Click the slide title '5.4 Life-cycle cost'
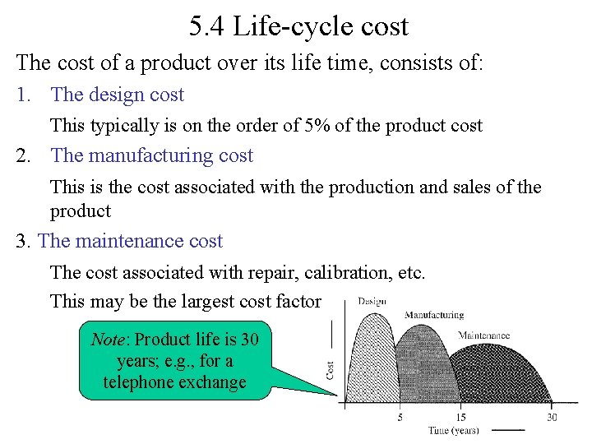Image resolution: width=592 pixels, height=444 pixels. click(298, 26)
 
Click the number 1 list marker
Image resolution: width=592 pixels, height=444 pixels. click(24, 95)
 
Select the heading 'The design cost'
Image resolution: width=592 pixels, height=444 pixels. click(117, 95)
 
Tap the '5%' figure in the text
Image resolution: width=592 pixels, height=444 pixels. click(350, 126)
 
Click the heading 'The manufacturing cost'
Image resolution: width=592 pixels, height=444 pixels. click(151, 155)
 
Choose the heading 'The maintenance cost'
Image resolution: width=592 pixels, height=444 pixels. click(130, 241)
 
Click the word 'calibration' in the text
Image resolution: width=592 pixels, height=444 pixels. click(312, 272)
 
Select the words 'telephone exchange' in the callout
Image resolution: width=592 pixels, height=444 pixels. click(174, 382)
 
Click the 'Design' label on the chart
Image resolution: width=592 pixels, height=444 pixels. click(372, 302)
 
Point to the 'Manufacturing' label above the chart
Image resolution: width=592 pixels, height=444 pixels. click(434, 315)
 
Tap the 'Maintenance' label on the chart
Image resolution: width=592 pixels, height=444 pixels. click(483, 335)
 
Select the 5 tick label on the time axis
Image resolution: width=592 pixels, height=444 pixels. click(400, 417)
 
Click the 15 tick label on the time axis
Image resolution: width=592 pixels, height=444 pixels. click(462, 417)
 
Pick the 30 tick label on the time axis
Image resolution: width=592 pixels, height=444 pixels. click(552, 417)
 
